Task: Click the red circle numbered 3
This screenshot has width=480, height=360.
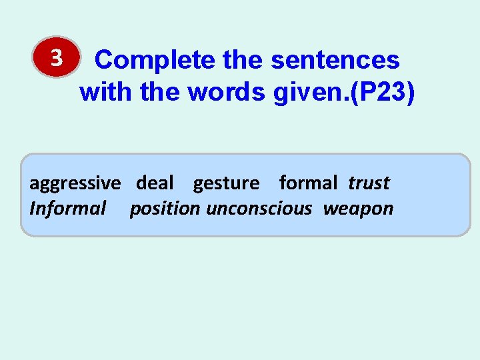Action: [57, 61]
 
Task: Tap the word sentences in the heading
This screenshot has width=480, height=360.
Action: [335, 61]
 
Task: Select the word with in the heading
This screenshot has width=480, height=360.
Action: [107, 93]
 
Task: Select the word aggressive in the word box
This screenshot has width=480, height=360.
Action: [75, 183]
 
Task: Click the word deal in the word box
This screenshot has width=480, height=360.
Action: [155, 182]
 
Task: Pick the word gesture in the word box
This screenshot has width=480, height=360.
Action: [226, 183]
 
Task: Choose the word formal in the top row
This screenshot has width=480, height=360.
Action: [308, 182]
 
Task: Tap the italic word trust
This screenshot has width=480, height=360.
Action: [369, 182]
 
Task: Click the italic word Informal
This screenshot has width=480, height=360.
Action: [67, 209]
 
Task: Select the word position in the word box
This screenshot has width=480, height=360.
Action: [165, 209]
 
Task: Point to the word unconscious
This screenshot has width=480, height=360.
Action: [259, 209]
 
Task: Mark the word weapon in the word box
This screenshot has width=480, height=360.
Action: [359, 209]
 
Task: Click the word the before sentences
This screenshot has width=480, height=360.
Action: [243, 61]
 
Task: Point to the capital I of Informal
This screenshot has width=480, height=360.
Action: [33, 209]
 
